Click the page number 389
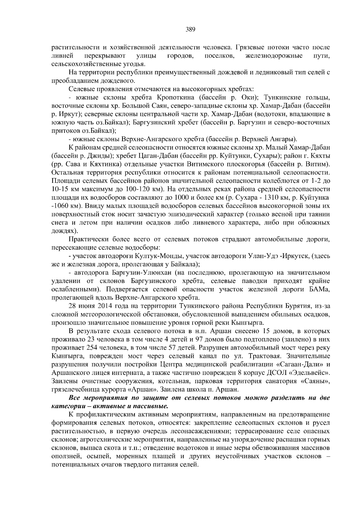click(190, 29)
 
